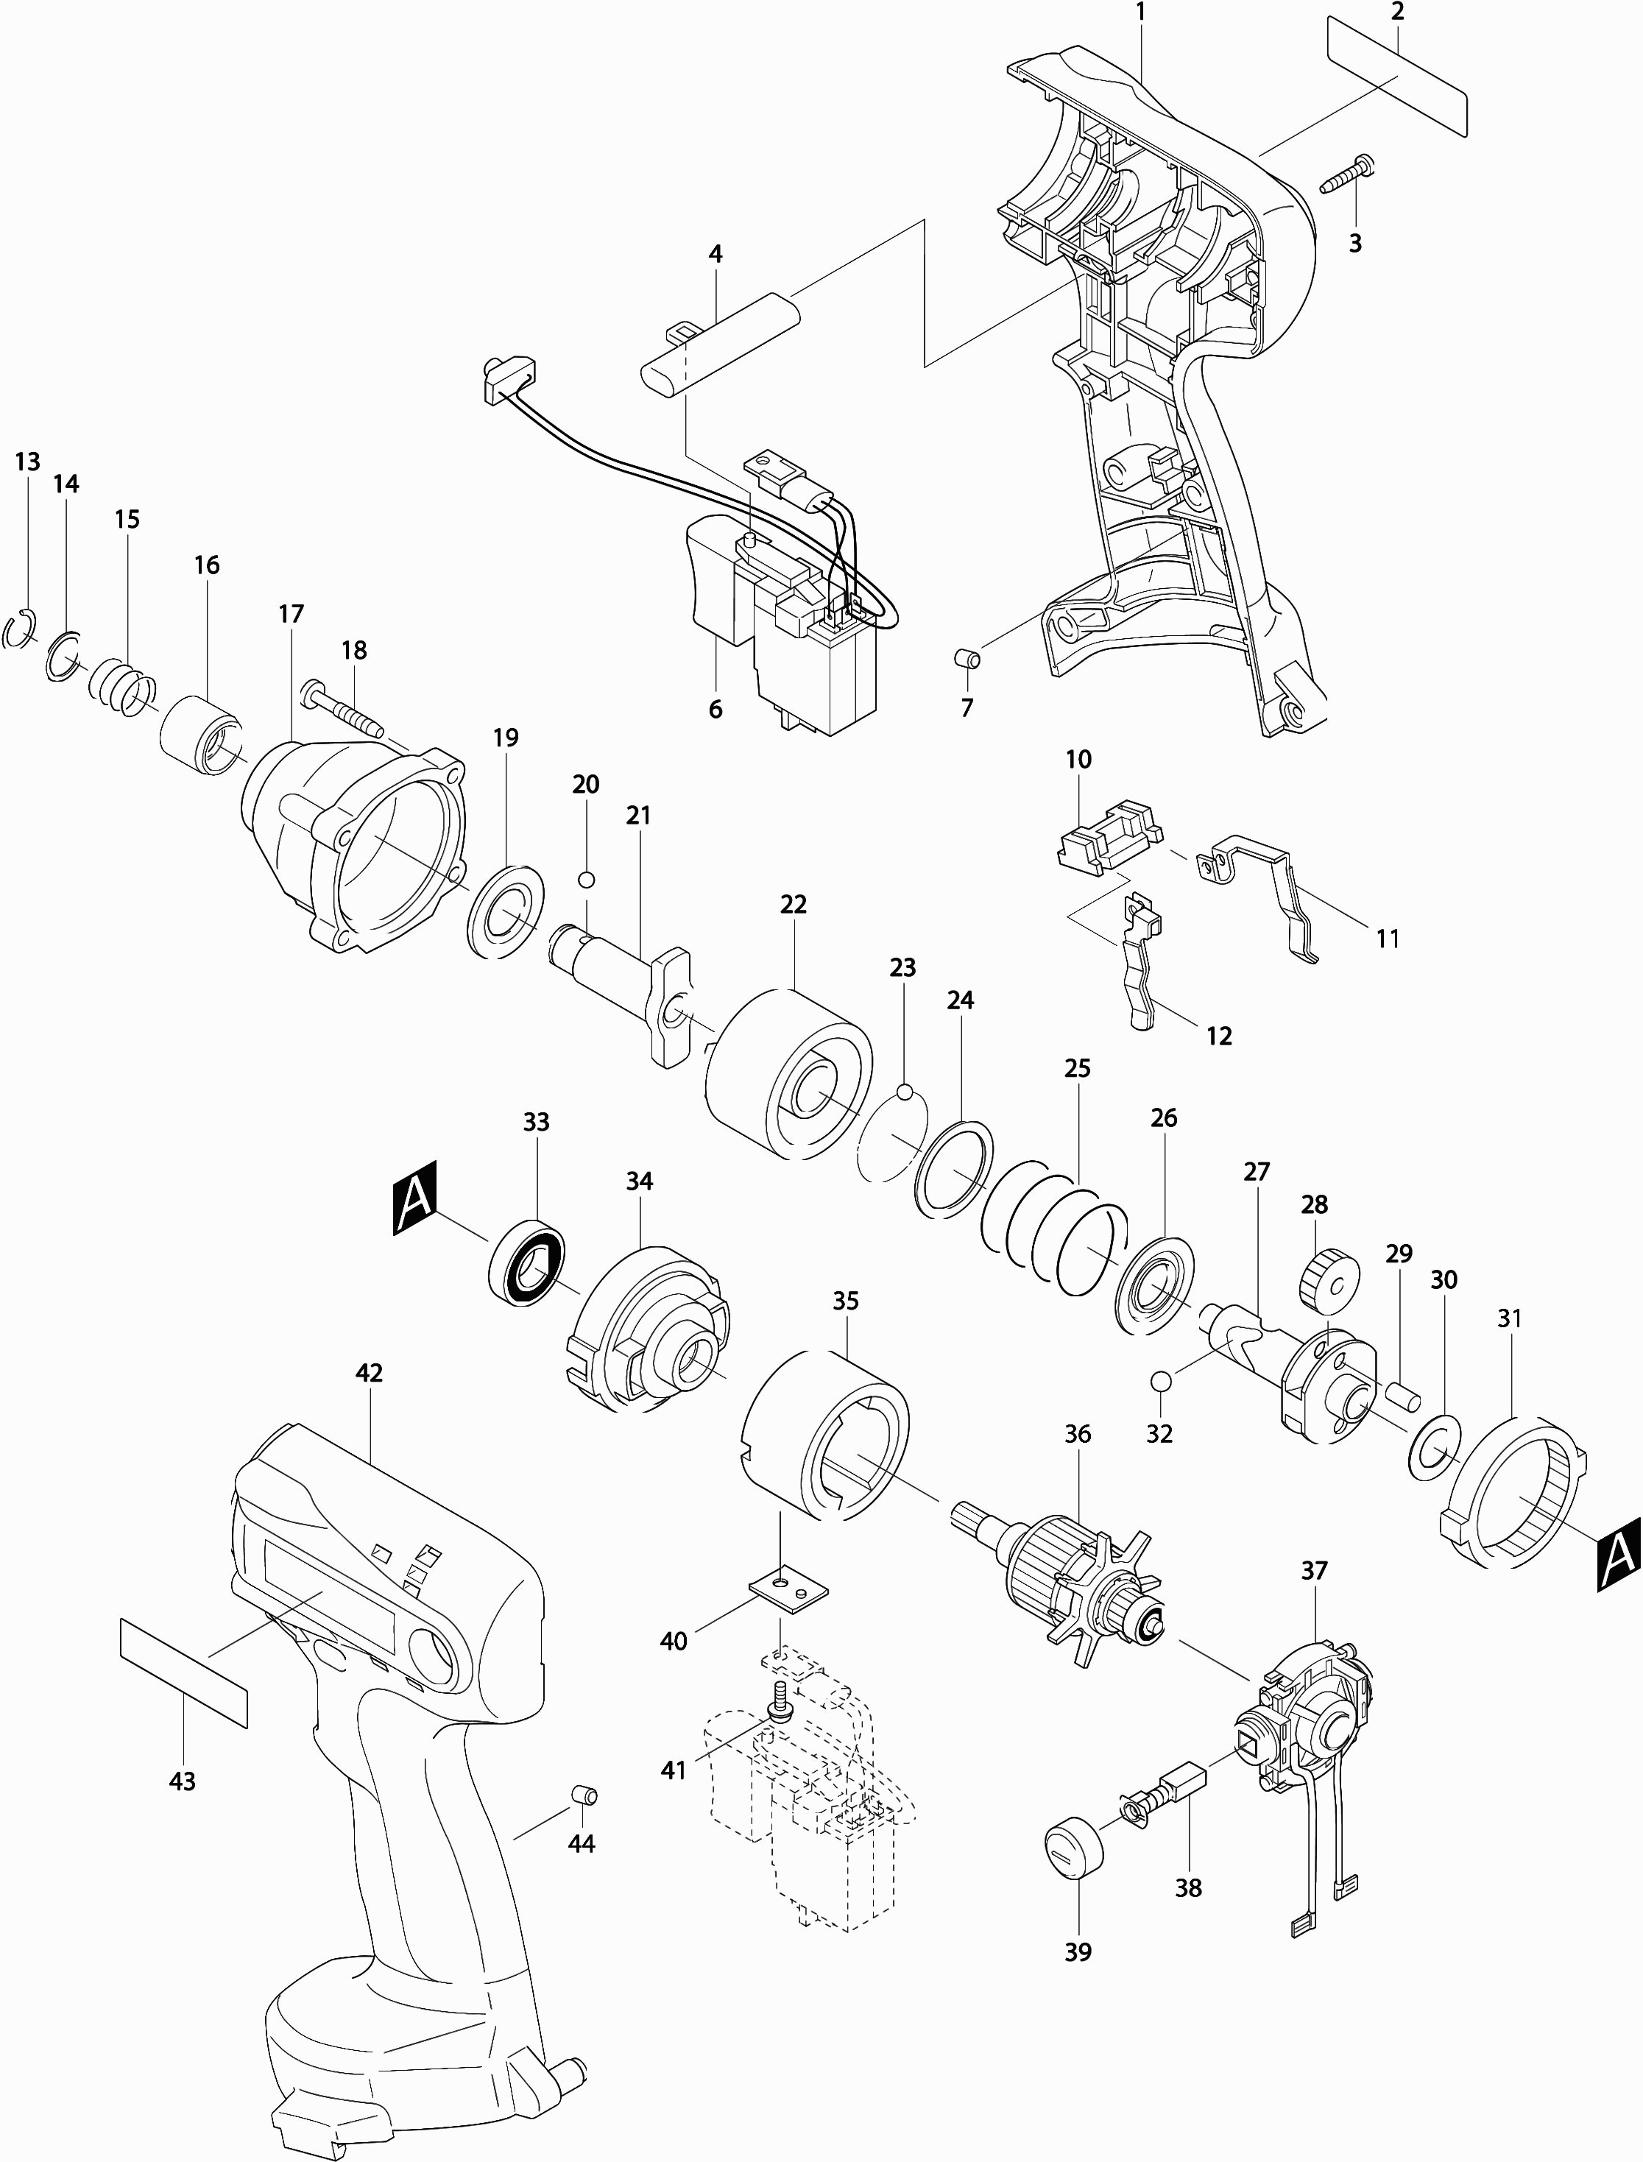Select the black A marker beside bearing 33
pos(414,1197)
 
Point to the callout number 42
pos(369,1373)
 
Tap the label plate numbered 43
pos(184,1671)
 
